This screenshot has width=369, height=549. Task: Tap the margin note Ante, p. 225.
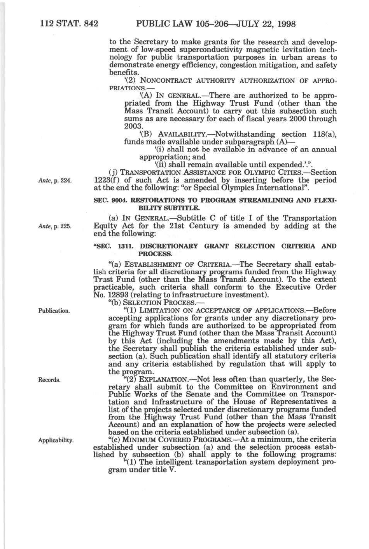(x=55, y=227)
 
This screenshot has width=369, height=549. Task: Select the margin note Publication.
(x=54, y=311)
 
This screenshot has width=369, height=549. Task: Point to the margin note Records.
(x=49, y=380)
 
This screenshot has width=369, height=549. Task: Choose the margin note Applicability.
(x=56, y=440)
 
